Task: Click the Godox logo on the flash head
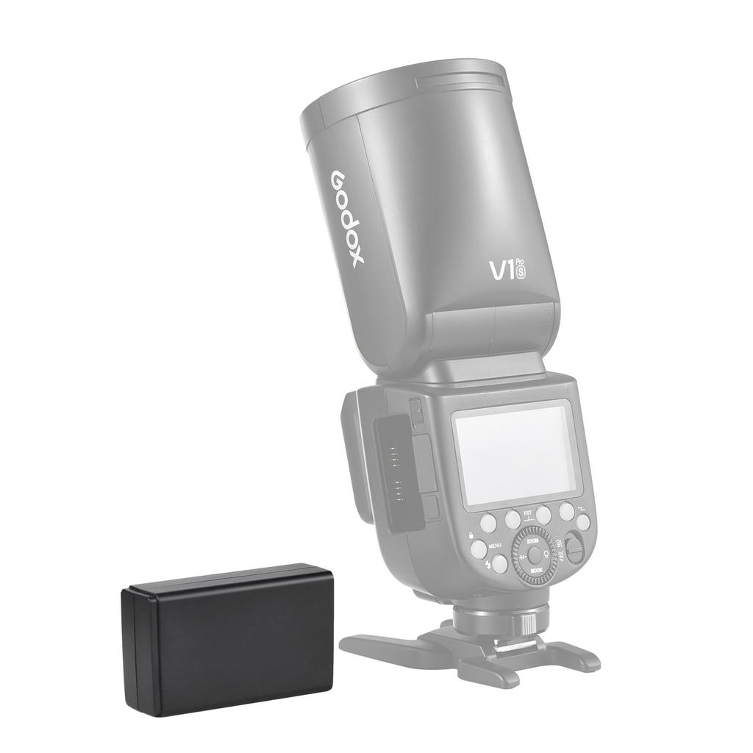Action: pyautogui.click(x=346, y=219)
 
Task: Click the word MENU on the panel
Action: pyautogui.click(x=495, y=546)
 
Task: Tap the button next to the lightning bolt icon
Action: pyautogui.click(x=500, y=564)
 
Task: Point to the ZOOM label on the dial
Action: pyautogui.click(x=533, y=540)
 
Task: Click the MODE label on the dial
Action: pyautogui.click(x=537, y=570)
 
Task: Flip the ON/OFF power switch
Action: pyautogui.click(x=574, y=549)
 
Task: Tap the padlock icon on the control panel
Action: pyautogui.click(x=470, y=535)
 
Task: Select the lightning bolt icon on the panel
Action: pyautogui.click(x=487, y=564)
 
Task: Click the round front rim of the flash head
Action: pyautogui.click(x=404, y=85)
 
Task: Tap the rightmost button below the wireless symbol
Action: pyautogui.click(x=582, y=522)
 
